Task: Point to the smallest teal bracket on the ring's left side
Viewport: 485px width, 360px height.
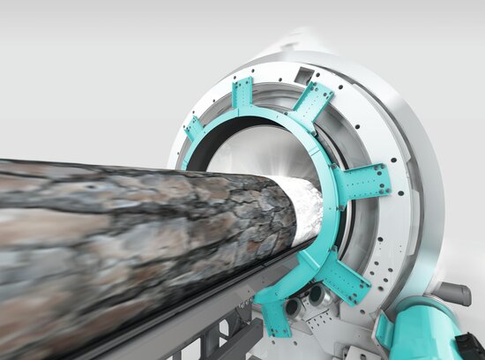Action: point(195,130)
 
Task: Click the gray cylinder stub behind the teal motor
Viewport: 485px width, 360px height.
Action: point(454,293)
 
